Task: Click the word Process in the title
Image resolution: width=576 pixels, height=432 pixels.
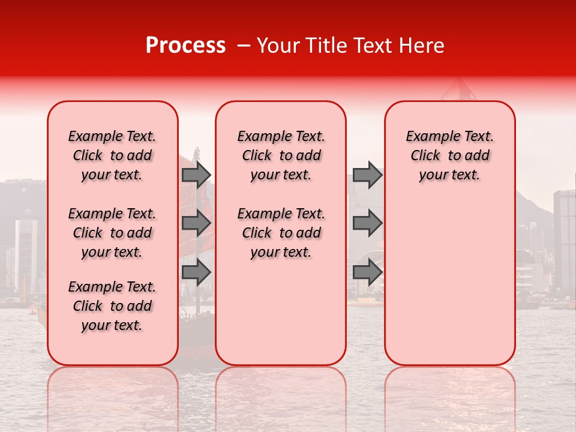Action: coord(185,46)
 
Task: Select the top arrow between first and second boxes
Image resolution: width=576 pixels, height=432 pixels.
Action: coord(196,175)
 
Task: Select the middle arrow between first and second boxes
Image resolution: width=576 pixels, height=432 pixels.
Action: coord(196,223)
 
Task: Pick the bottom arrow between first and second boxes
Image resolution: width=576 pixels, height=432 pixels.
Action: coord(196,272)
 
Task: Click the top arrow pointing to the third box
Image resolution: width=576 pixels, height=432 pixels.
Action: coord(367,175)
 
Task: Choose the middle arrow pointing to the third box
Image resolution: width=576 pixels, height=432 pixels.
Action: coord(367,223)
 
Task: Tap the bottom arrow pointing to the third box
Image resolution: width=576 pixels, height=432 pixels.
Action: coord(367,272)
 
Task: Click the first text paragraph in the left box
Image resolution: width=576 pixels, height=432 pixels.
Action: coord(112,155)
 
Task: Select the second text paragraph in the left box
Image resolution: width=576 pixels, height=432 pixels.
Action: coord(112,233)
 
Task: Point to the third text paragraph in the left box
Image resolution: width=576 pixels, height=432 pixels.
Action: coord(112,306)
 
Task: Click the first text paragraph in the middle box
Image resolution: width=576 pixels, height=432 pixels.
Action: coord(281,155)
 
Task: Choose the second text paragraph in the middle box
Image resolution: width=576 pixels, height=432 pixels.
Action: coord(281,233)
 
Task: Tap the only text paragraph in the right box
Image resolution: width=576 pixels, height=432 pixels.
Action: coord(449,155)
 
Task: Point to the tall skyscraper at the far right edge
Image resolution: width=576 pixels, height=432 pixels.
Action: coord(565,240)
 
